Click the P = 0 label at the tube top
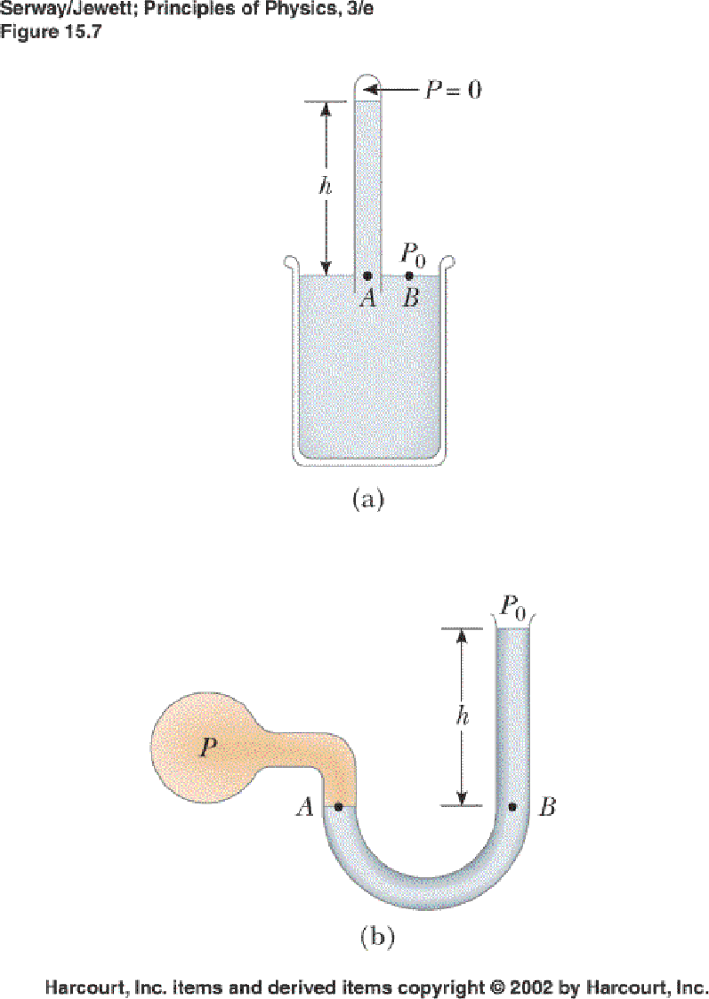click(452, 91)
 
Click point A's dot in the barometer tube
click(367, 276)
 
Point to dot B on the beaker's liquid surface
click(409, 276)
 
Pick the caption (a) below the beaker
click(367, 499)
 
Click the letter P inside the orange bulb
click(207, 747)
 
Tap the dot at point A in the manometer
click(339, 807)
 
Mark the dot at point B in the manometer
click(512, 807)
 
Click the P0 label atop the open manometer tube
click(512, 608)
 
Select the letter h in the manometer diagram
click(462, 717)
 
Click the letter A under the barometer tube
click(367, 299)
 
